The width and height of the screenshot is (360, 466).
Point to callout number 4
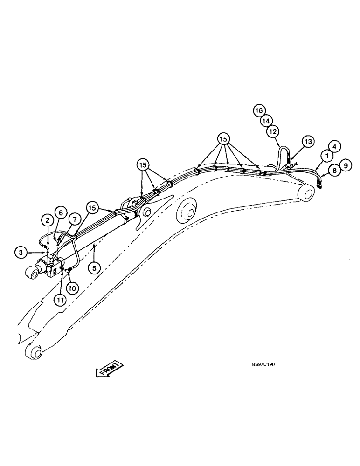[x=335, y=146]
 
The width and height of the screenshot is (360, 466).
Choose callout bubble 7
[x=73, y=219]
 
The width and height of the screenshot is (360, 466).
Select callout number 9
[x=346, y=165]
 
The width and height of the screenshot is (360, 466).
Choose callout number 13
[x=308, y=141]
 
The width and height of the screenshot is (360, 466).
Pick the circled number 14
[x=266, y=121]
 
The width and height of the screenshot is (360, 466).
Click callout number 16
[x=259, y=110]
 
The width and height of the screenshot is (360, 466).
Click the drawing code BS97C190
[x=262, y=365]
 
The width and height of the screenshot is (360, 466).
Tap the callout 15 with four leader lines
[x=224, y=138]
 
